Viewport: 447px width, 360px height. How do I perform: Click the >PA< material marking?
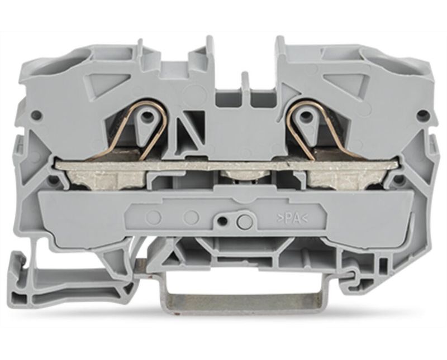tap(292, 219)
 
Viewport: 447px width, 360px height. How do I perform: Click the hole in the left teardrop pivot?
tap(146, 116)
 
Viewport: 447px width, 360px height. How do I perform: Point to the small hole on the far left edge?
tap(37, 115)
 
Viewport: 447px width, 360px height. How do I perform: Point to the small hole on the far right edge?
tap(421, 116)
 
